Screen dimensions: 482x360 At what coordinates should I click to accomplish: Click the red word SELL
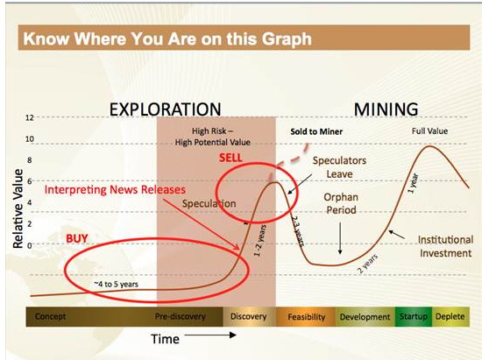click(x=230, y=158)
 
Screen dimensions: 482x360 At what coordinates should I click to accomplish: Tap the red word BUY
click(x=77, y=238)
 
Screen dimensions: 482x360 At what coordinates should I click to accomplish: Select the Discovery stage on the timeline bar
click(x=249, y=316)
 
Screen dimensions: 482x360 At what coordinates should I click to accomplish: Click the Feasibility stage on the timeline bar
click(x=306, y=316)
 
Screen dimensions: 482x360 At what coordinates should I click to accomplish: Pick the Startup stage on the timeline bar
click(x=414, y=316)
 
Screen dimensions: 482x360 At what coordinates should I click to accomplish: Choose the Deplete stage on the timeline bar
click(x=450, y=316)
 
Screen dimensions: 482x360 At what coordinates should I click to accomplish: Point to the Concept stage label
click(x=50, y=316)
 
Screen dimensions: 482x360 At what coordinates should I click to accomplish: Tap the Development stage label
click(x=365, y=317)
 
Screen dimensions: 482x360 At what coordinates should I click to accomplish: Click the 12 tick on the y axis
click(x=30, y=117)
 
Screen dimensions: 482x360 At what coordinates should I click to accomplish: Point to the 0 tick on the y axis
click(x=30, y=245)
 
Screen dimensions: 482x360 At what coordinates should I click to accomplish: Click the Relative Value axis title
click(x=18, y=208)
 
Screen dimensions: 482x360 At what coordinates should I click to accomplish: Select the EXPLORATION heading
click(x=166, y=109)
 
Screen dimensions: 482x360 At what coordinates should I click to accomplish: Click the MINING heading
click(x=386, y=109)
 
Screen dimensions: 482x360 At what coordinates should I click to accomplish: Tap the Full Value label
click(x=429, y=131)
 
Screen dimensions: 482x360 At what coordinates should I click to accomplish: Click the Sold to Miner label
click(x=316, y=131)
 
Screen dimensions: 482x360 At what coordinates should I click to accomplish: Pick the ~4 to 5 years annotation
click(x=116, y=284)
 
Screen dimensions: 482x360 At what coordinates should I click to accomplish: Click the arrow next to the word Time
click(x=210, y=335)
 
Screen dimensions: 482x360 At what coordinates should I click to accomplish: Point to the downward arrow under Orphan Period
click(x=340, y=238)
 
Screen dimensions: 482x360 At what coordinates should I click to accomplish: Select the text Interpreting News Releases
click(x=115, y=190)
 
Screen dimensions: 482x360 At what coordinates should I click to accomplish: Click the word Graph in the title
click(x=287, y=39)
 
